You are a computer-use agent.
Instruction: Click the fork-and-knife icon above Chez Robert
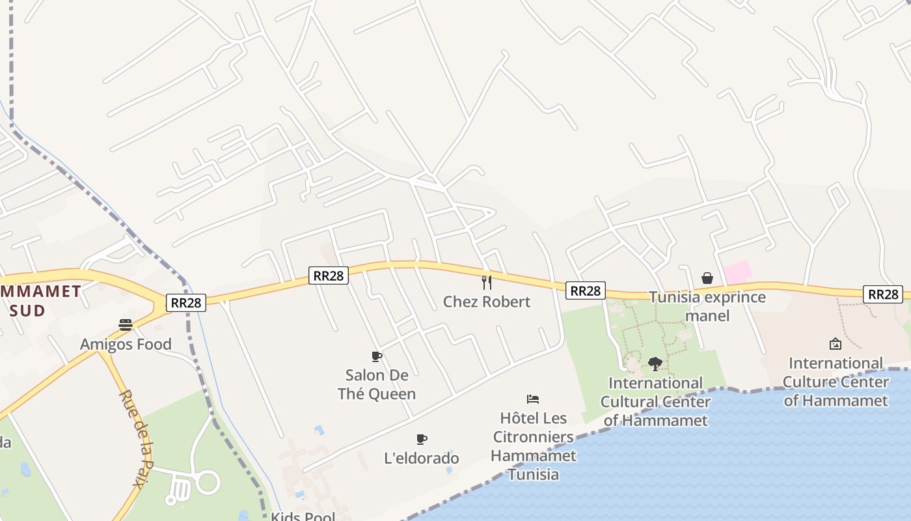[486, 282]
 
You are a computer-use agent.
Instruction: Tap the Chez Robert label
[487, 302]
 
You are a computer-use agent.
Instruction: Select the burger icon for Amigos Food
[126, 325]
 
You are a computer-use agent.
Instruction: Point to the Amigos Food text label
[126, 345]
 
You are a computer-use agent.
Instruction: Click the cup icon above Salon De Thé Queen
[376, 356]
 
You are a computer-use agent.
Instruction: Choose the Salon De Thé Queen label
[377, 384]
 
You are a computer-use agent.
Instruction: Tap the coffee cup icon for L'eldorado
[422, 439]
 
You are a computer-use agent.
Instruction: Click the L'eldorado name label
[422, 458]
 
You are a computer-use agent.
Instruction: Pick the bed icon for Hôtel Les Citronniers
[533, 399]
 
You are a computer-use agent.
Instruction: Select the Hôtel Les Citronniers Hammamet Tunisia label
[534, 446]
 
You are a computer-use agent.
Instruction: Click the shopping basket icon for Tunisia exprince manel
[707, 278]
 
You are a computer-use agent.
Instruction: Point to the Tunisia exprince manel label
[707, 307]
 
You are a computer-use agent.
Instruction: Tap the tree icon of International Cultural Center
[655, 363]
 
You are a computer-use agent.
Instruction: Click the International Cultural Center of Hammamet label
[655, 402]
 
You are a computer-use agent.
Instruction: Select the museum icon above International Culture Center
[836, 343]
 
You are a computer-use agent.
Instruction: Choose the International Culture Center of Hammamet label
[836, 382]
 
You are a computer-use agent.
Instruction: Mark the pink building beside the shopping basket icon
[739, 272]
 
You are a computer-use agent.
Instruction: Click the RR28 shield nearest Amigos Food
[186, 303]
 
